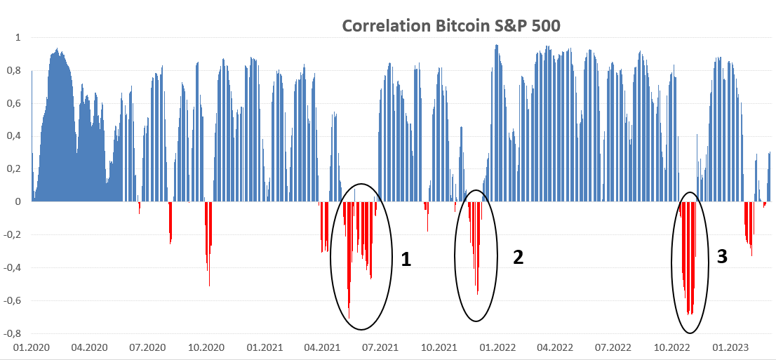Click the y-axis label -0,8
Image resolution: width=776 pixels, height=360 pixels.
coord(13,333)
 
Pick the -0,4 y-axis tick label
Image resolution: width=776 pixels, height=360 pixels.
coord(13,267)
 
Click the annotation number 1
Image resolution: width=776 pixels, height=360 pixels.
coord(406,260)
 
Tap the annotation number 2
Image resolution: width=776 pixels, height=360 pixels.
coord(518,257)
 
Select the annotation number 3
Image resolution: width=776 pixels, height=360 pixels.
coord(722,256)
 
